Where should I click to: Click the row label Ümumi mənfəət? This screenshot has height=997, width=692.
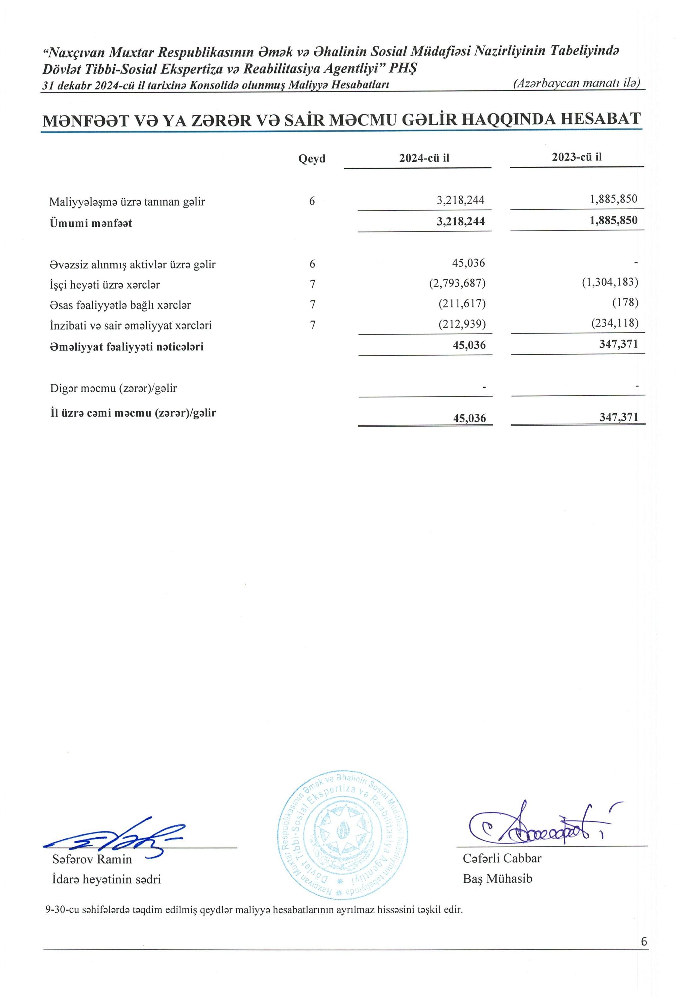(91, 223)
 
